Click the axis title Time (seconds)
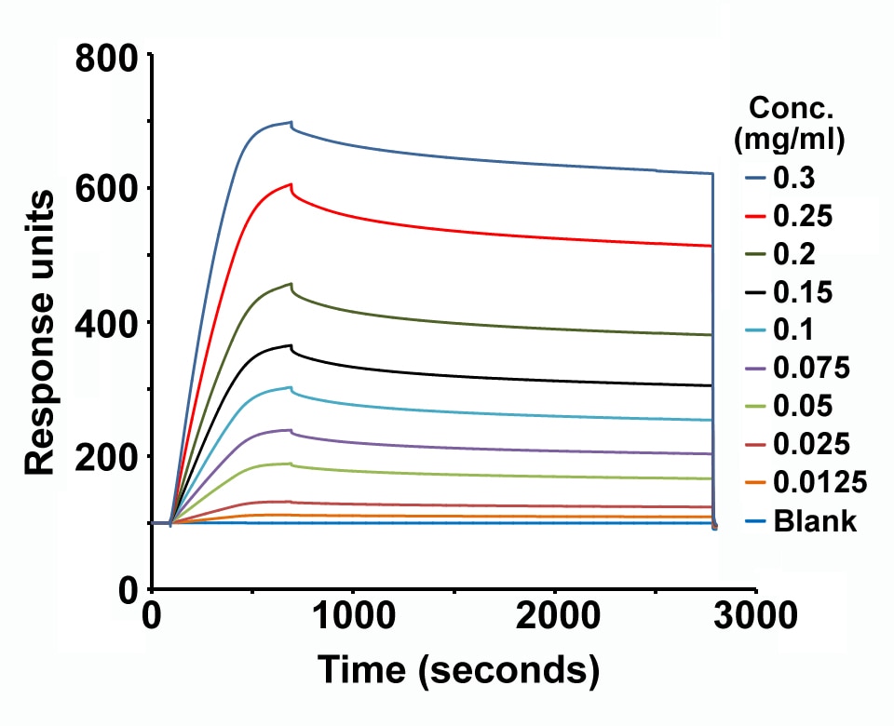[456, 669]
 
